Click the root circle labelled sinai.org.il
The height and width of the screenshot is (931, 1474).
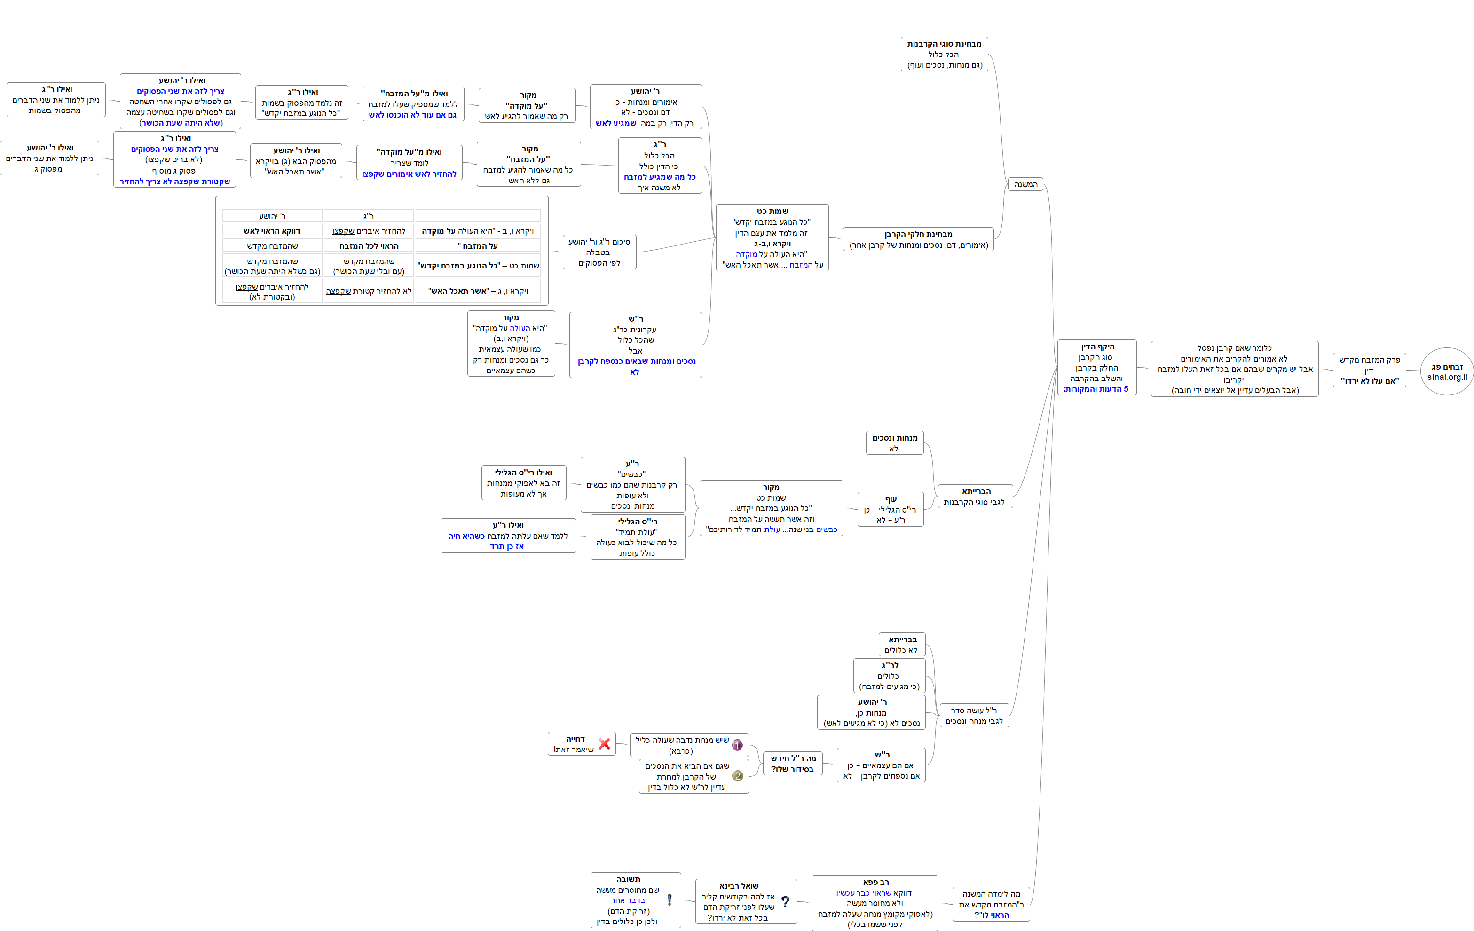click(1447, 371)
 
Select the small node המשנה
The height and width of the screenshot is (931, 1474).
click(1026, 184)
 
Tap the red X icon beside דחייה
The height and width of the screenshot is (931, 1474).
click(604, 744)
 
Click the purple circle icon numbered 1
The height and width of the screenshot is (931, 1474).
click(737, 745)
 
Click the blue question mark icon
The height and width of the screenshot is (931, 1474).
click(785, 901)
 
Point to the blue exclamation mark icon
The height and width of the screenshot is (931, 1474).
click(670, 900)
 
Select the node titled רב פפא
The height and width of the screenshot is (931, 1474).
click(875, 903)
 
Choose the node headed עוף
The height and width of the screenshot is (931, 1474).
click(891, 509)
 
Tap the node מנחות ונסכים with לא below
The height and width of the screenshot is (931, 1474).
click(894, 443)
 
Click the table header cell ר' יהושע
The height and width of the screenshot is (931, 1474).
click(272, 216)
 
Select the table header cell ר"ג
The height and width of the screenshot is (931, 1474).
click(369, 216)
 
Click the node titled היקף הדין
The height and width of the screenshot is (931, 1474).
click(1097, 367)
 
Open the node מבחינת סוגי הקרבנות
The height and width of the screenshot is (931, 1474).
click(945, 54)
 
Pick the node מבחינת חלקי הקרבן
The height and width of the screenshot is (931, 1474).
click(918, 239)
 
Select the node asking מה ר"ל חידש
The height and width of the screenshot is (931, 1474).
click(793, 763)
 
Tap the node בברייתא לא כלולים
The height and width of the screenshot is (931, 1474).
click(902, 645)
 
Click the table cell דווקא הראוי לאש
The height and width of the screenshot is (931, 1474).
click(272, 231)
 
